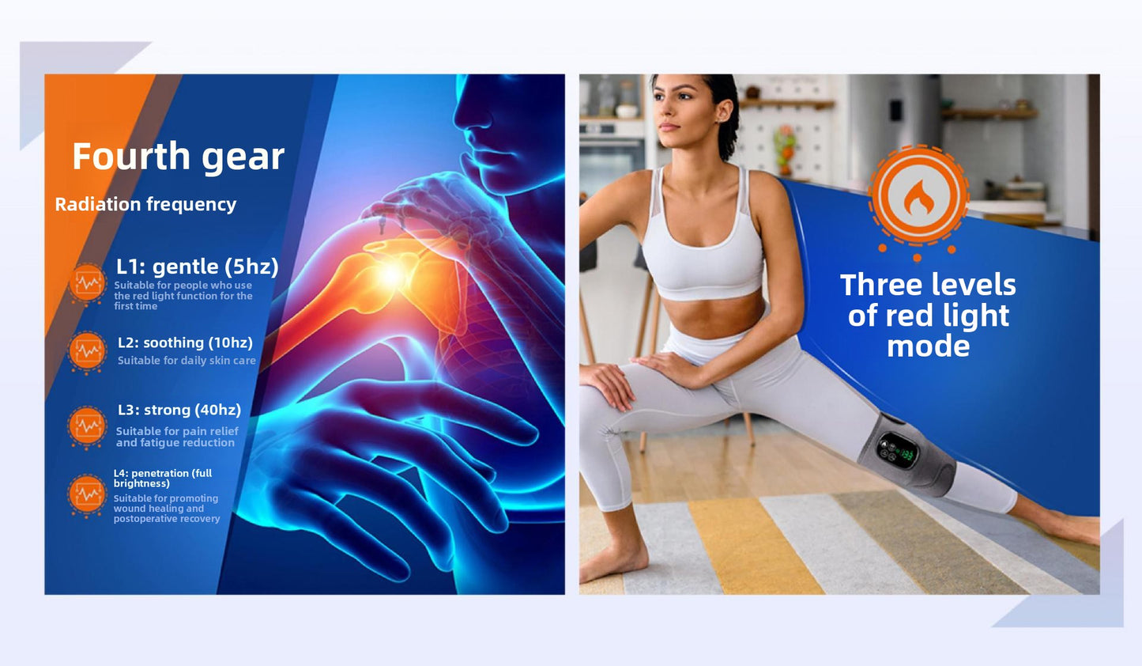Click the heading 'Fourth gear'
pos(178,157)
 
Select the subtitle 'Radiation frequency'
pos(145,205)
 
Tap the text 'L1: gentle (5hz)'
pos(198,267)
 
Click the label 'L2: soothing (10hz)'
pos(185,342)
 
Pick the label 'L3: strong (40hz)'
pos(179,410)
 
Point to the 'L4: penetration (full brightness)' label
pos(163,479)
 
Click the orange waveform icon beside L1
pos(88,282)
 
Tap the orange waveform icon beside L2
pos(87,351)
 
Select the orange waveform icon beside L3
pos(87,426)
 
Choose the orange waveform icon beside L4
pos(87,494)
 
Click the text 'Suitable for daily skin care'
pos(187,361)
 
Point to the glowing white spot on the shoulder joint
pos(391,275)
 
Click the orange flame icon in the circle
pos(918,197)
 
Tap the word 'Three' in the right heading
pos(876,285)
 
